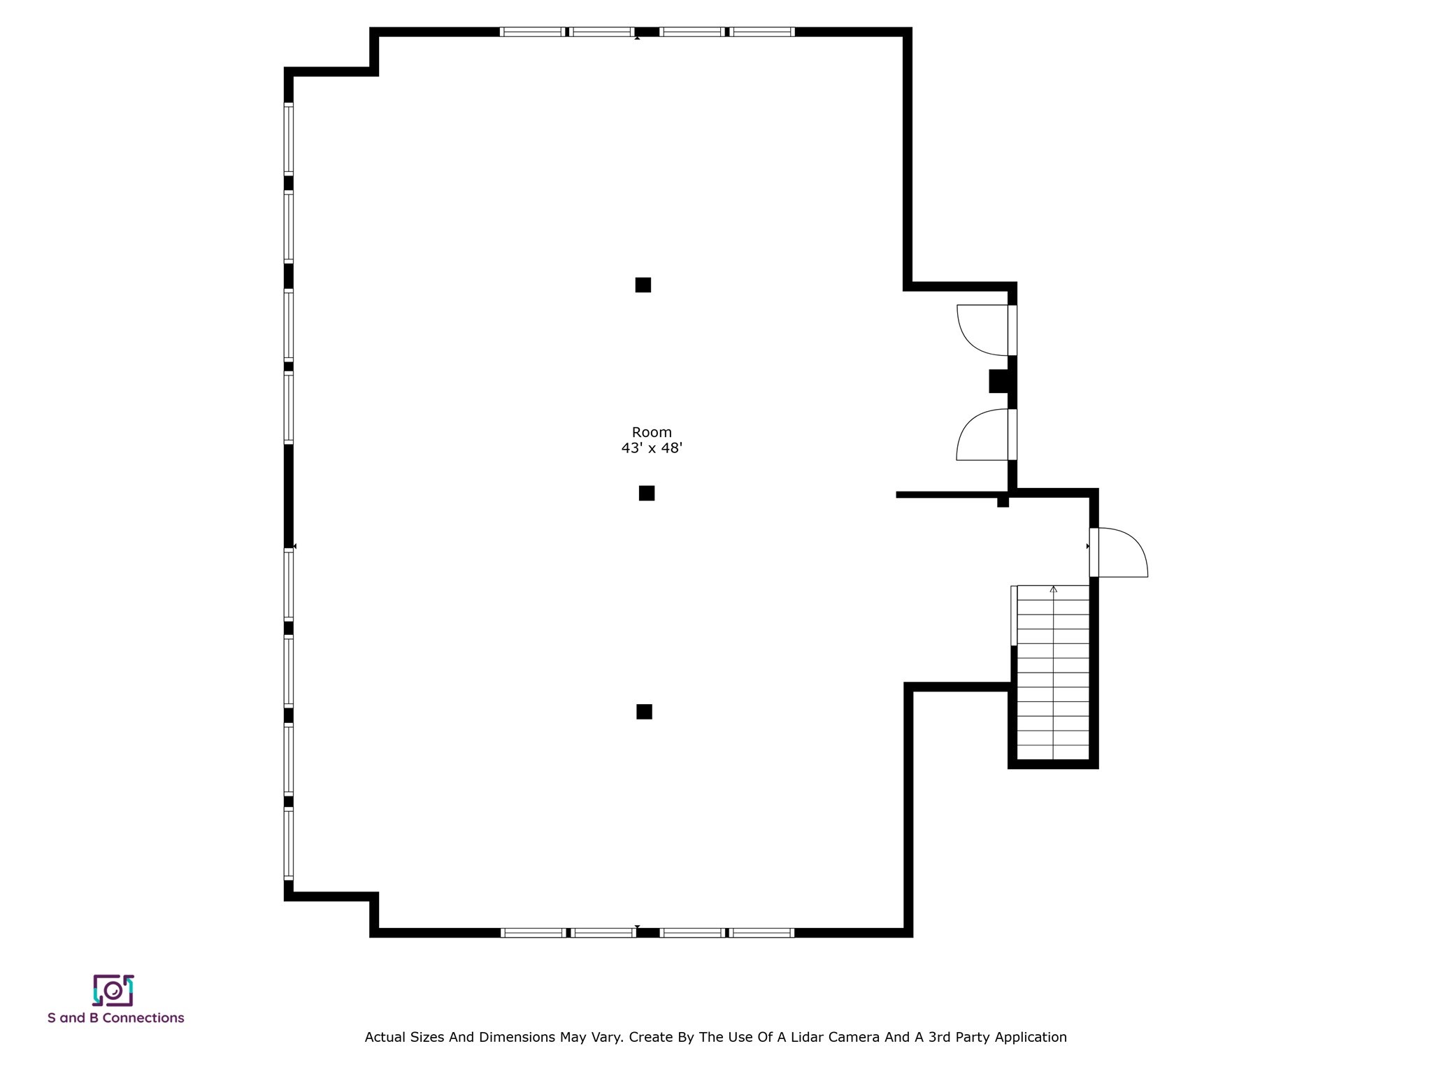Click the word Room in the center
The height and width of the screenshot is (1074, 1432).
(x=652, y=433)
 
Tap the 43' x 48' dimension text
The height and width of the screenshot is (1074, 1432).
(x=652, y=448)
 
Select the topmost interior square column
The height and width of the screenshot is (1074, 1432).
(x=643, y=285)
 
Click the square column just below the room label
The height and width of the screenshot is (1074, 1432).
(x=647, y=493)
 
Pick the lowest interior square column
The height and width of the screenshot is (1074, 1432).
(x=644, y=711)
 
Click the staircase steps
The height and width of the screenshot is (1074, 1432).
(x=1053, y=673)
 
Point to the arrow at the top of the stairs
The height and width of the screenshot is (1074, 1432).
(x=1054, y=589)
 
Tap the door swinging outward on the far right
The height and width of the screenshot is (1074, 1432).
(x=1119, y=552)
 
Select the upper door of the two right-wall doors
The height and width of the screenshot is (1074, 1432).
(x=986, y=330)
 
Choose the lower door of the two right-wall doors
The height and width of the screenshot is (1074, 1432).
(x=986, y=434)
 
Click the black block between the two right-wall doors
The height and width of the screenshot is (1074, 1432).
(x=999, y=381)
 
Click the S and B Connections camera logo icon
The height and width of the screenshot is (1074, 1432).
(x=113, y=990)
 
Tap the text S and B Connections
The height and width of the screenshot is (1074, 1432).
(x=116, y=1018)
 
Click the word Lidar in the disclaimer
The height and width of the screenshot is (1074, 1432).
(x=805, y=1037)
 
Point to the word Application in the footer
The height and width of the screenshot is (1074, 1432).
(x=1031, y=1038)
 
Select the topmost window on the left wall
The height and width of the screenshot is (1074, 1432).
(x=288, y=138)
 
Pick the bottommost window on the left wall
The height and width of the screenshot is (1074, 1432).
(x=288, y=844)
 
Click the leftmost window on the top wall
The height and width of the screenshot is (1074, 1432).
(x=532, y=31)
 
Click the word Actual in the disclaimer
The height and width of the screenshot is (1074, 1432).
(x=383, y=1037)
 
